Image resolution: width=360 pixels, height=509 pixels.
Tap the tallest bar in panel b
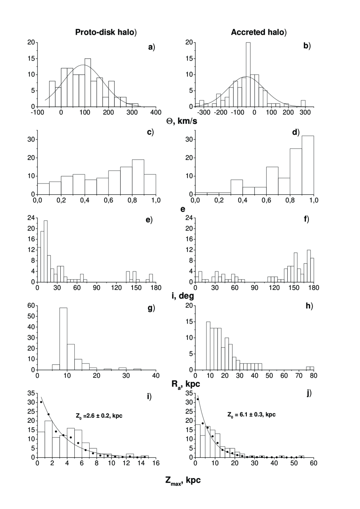click(x=248, y=74)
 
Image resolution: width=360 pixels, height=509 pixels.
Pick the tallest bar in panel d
click(x=308, y=165)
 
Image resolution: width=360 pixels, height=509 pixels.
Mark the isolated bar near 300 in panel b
click(x=303, y=104)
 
